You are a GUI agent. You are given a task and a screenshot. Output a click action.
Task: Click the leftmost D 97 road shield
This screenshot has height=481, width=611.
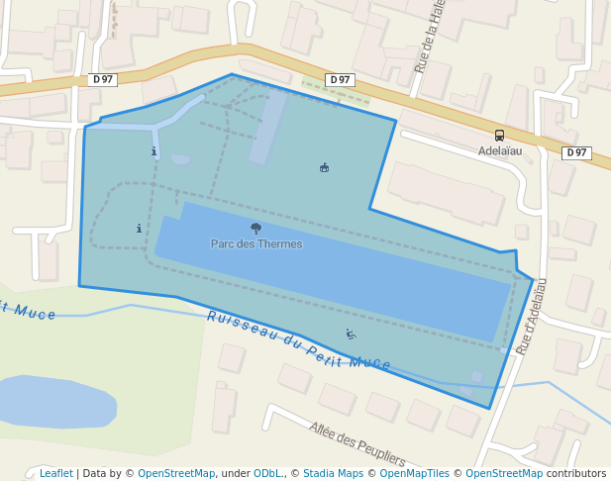coord(103,79)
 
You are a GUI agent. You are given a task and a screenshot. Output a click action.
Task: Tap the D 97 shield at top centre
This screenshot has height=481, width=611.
coord(340,79)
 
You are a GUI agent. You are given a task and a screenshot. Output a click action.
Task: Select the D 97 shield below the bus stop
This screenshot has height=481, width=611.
coord(576,152)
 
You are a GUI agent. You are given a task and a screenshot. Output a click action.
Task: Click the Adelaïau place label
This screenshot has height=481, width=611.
coord(499,151)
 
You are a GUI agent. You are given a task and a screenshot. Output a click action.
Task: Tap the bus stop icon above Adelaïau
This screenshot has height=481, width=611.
coord(499,136)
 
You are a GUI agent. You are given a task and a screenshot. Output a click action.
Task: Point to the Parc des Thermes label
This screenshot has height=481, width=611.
coord(256,243)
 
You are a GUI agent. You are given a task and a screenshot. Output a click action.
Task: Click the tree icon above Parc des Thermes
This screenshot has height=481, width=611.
coord(256,229)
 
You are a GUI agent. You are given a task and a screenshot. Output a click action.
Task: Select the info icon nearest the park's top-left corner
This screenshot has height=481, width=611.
coord(153,151)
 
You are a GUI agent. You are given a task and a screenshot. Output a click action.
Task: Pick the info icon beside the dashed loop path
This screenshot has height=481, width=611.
coord(139,229)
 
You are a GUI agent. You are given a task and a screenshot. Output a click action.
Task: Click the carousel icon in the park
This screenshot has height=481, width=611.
coord(324,167)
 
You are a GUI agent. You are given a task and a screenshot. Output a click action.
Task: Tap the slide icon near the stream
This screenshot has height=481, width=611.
coord(350,335)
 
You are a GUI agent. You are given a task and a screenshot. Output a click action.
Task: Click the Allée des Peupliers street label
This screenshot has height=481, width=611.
coord(357,443)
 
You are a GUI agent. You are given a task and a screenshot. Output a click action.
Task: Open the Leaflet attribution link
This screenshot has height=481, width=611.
coord(55,473)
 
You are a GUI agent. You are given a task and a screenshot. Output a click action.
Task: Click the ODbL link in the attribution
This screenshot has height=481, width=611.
coord(267,473)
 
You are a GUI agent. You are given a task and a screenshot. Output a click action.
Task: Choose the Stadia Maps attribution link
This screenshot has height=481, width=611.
coord(333,473)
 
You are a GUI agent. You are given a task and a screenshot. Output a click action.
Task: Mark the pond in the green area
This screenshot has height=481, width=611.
coord(54,401)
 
